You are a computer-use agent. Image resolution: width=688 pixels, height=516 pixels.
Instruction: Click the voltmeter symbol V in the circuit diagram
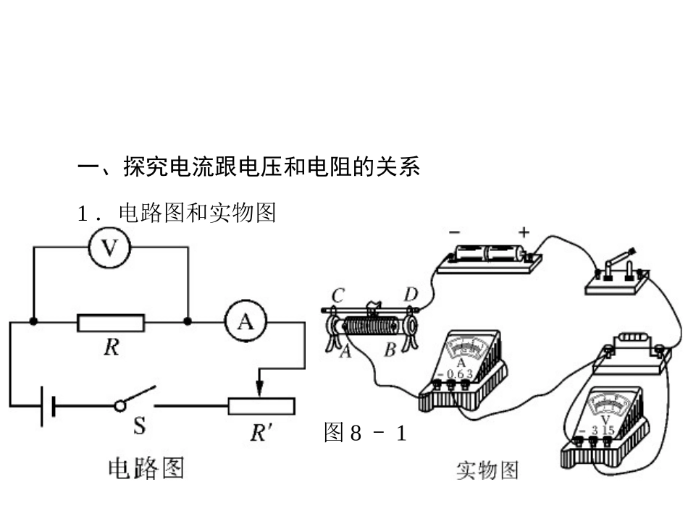[x=109, y=248]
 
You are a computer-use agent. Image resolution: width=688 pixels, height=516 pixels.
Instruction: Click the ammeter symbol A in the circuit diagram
[x=246, y=321]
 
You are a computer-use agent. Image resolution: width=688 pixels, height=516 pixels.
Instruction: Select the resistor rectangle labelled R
[x=111, y=322]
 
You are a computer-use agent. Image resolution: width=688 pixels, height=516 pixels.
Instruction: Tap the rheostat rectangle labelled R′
[x=261, y=406]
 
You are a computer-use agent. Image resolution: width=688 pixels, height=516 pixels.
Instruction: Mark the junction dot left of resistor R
[x=34, y=321]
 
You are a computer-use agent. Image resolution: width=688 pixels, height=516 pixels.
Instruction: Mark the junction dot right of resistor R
[x=188, y=321]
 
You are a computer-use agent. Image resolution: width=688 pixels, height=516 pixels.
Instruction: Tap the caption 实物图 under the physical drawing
[x=487, y=471]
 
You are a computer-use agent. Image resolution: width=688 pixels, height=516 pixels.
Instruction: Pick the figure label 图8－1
[x=365, y=433]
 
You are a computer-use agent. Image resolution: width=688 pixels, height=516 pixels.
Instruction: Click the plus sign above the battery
[x=524, y=232]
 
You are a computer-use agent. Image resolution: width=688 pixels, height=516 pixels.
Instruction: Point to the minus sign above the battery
[x=454, y=232]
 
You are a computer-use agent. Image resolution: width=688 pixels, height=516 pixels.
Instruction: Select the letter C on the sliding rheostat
[x=338, y=295]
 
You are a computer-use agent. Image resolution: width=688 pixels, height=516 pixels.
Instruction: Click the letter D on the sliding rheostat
[x=411, y=295]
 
